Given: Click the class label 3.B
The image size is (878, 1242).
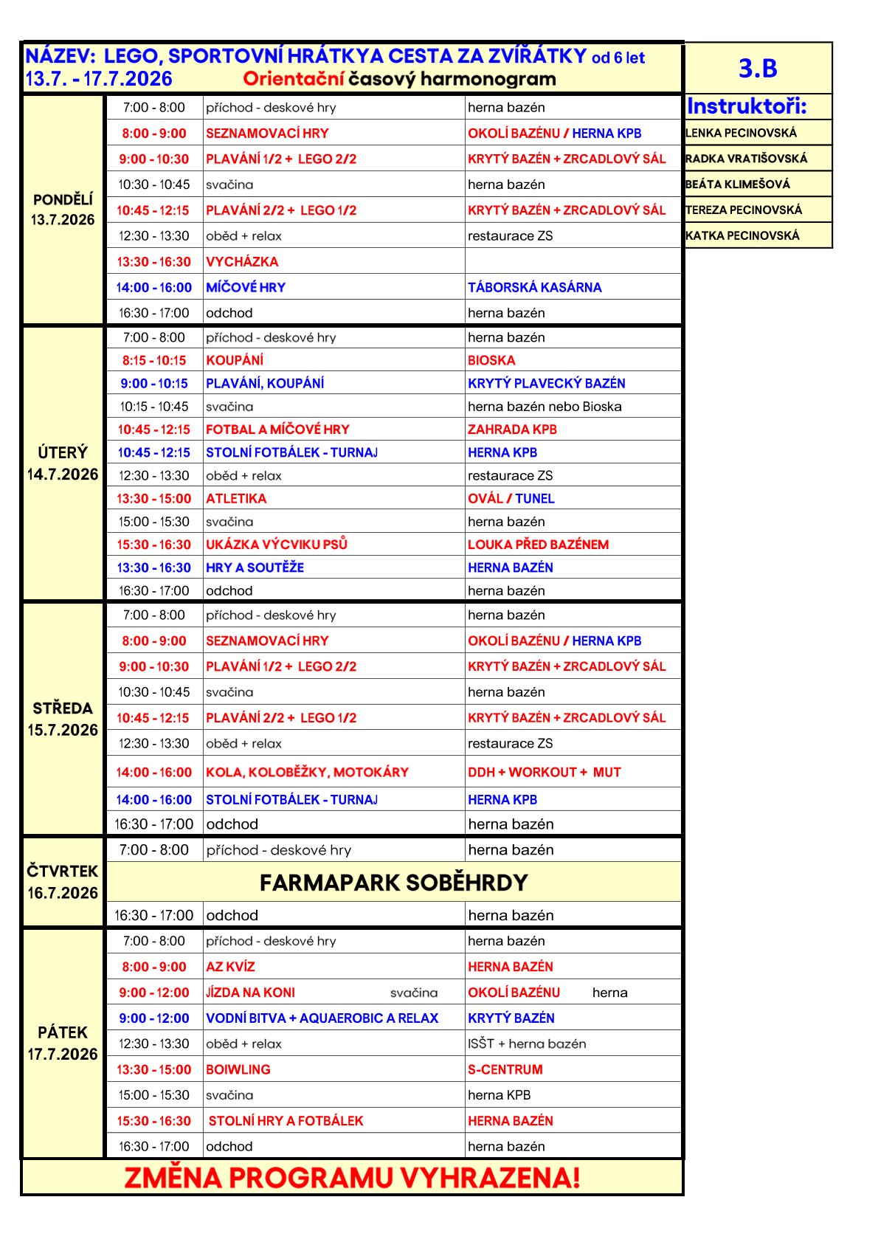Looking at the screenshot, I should [758, 68].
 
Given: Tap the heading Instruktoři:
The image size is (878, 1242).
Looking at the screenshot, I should [747, 106].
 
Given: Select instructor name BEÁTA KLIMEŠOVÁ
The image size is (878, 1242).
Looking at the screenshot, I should [737, 184].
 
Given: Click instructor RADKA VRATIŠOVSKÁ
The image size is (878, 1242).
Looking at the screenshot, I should [746, 159].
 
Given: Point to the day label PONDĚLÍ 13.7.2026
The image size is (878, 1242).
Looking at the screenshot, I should [63, 210].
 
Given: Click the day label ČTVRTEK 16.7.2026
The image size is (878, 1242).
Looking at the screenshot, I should [63, 882].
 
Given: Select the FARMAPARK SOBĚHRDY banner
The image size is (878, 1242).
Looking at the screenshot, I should [394, 883].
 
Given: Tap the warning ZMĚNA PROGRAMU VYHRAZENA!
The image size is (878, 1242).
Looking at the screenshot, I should [352, 1178].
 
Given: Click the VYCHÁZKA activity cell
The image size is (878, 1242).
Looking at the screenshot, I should [242, 262].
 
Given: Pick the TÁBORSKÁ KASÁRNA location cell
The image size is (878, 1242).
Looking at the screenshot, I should [534, 288].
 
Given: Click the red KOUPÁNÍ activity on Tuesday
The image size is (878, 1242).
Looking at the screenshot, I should [235, 361].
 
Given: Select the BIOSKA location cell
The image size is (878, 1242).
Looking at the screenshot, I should [491, 361].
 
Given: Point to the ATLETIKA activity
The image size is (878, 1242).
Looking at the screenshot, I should [236, 499].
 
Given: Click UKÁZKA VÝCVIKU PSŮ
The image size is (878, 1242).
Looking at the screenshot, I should [277, 545].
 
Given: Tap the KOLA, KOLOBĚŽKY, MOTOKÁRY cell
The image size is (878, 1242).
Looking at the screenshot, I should [307, 773].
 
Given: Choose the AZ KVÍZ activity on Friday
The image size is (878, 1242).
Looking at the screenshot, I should [230, 967].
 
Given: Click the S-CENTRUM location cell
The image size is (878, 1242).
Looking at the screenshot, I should [505, 1069].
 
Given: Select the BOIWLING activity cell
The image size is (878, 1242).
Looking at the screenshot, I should [238, 1069].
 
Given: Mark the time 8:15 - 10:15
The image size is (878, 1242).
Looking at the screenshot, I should [154, 361].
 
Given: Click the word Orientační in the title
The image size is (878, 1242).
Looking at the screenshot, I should [294, 79].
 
